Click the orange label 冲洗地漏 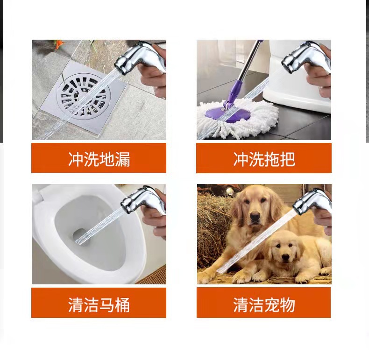pos(99,158)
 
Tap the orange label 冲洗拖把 pos(264,158)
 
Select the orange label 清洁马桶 pos(99,303)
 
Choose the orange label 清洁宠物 pos(264,303)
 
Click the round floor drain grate pos(84,95)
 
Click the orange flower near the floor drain pos(58,44)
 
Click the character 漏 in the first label pos(122,159)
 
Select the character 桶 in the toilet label pos(122,305)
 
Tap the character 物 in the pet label pos(287,305)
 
